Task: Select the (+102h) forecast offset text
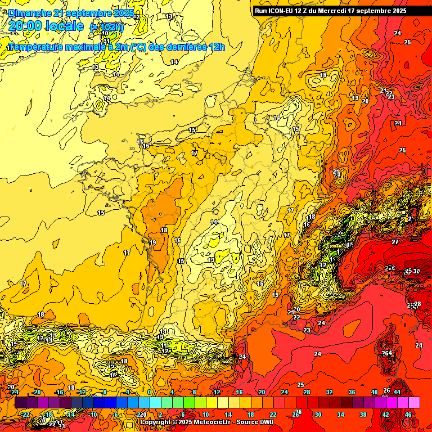[106, 27]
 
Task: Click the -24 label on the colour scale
[15, 392]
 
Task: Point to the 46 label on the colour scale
[408, 415]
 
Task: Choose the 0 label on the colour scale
[150, 392]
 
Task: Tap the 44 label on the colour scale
[397, 392]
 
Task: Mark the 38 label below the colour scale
[363, 415]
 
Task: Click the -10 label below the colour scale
[93, 415]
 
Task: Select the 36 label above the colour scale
[352, 392]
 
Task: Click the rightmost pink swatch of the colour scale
[415, 402]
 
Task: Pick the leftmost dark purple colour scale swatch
[20, 402]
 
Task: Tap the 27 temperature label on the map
[395, 241]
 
